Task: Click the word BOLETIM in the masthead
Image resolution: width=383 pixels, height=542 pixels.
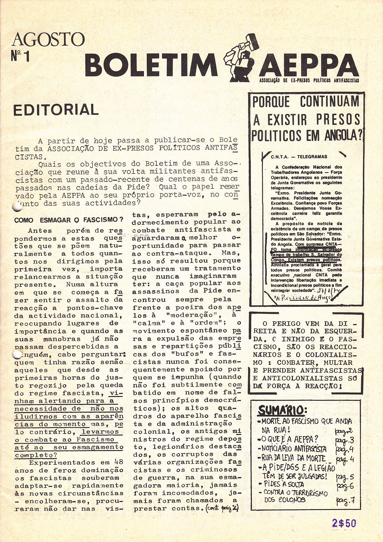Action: click(151, 66)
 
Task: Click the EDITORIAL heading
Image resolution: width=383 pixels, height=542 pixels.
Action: click(56, 110)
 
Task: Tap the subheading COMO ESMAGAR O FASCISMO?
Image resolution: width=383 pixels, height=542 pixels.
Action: click(69, 220)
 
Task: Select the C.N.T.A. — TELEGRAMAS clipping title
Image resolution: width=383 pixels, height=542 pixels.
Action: click(294, 157)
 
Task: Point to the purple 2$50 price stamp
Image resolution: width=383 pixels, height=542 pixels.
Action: click(344, 523)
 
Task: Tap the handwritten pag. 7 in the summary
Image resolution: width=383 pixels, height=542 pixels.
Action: click(345, 501)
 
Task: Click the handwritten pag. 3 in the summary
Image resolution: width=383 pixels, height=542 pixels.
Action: click(345, 440)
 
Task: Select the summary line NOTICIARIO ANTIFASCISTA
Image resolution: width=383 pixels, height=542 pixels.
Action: click(294, 449)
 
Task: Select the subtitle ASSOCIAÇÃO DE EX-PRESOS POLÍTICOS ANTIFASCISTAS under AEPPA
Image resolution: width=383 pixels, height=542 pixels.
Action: click(309, 80)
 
